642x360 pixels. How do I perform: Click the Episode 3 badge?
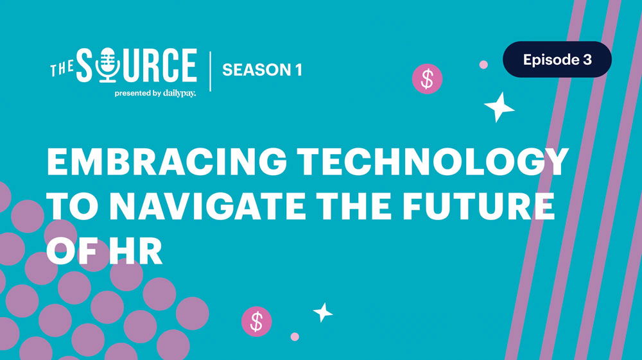(x=557, y=60)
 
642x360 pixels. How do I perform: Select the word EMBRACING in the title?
(x=153, y=162)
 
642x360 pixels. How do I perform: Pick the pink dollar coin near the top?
(x=427, y=79)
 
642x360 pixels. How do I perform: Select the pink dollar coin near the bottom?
(x=256, y=321)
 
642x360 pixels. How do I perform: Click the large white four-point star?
(x=499, y=107)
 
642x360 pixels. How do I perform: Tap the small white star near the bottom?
(x=323, y=313)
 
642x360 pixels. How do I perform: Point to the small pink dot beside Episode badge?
(x=483, y=64)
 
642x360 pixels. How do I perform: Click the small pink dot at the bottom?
(x=295, y=336)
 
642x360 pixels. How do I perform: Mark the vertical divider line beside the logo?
(x=210, y=70)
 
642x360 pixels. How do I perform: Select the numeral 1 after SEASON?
(x=299, y=70)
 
